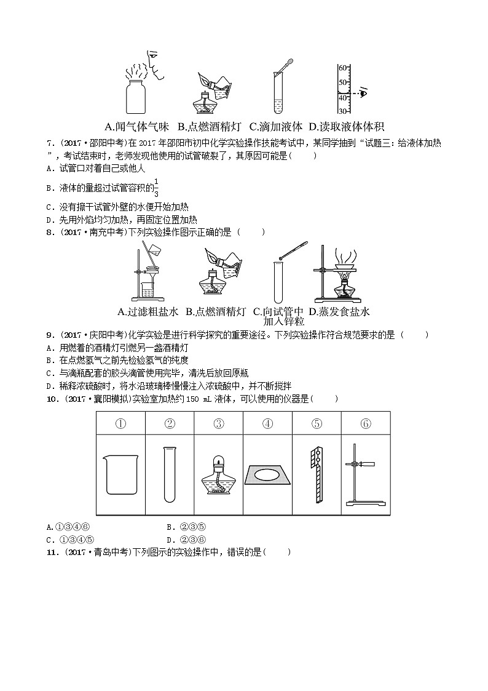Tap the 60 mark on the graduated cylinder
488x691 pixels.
342,67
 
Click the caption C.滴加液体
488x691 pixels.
276,127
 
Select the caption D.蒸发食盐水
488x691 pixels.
339,311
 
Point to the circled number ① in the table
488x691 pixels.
121,423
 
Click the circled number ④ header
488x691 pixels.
267,423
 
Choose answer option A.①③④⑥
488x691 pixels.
69,527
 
